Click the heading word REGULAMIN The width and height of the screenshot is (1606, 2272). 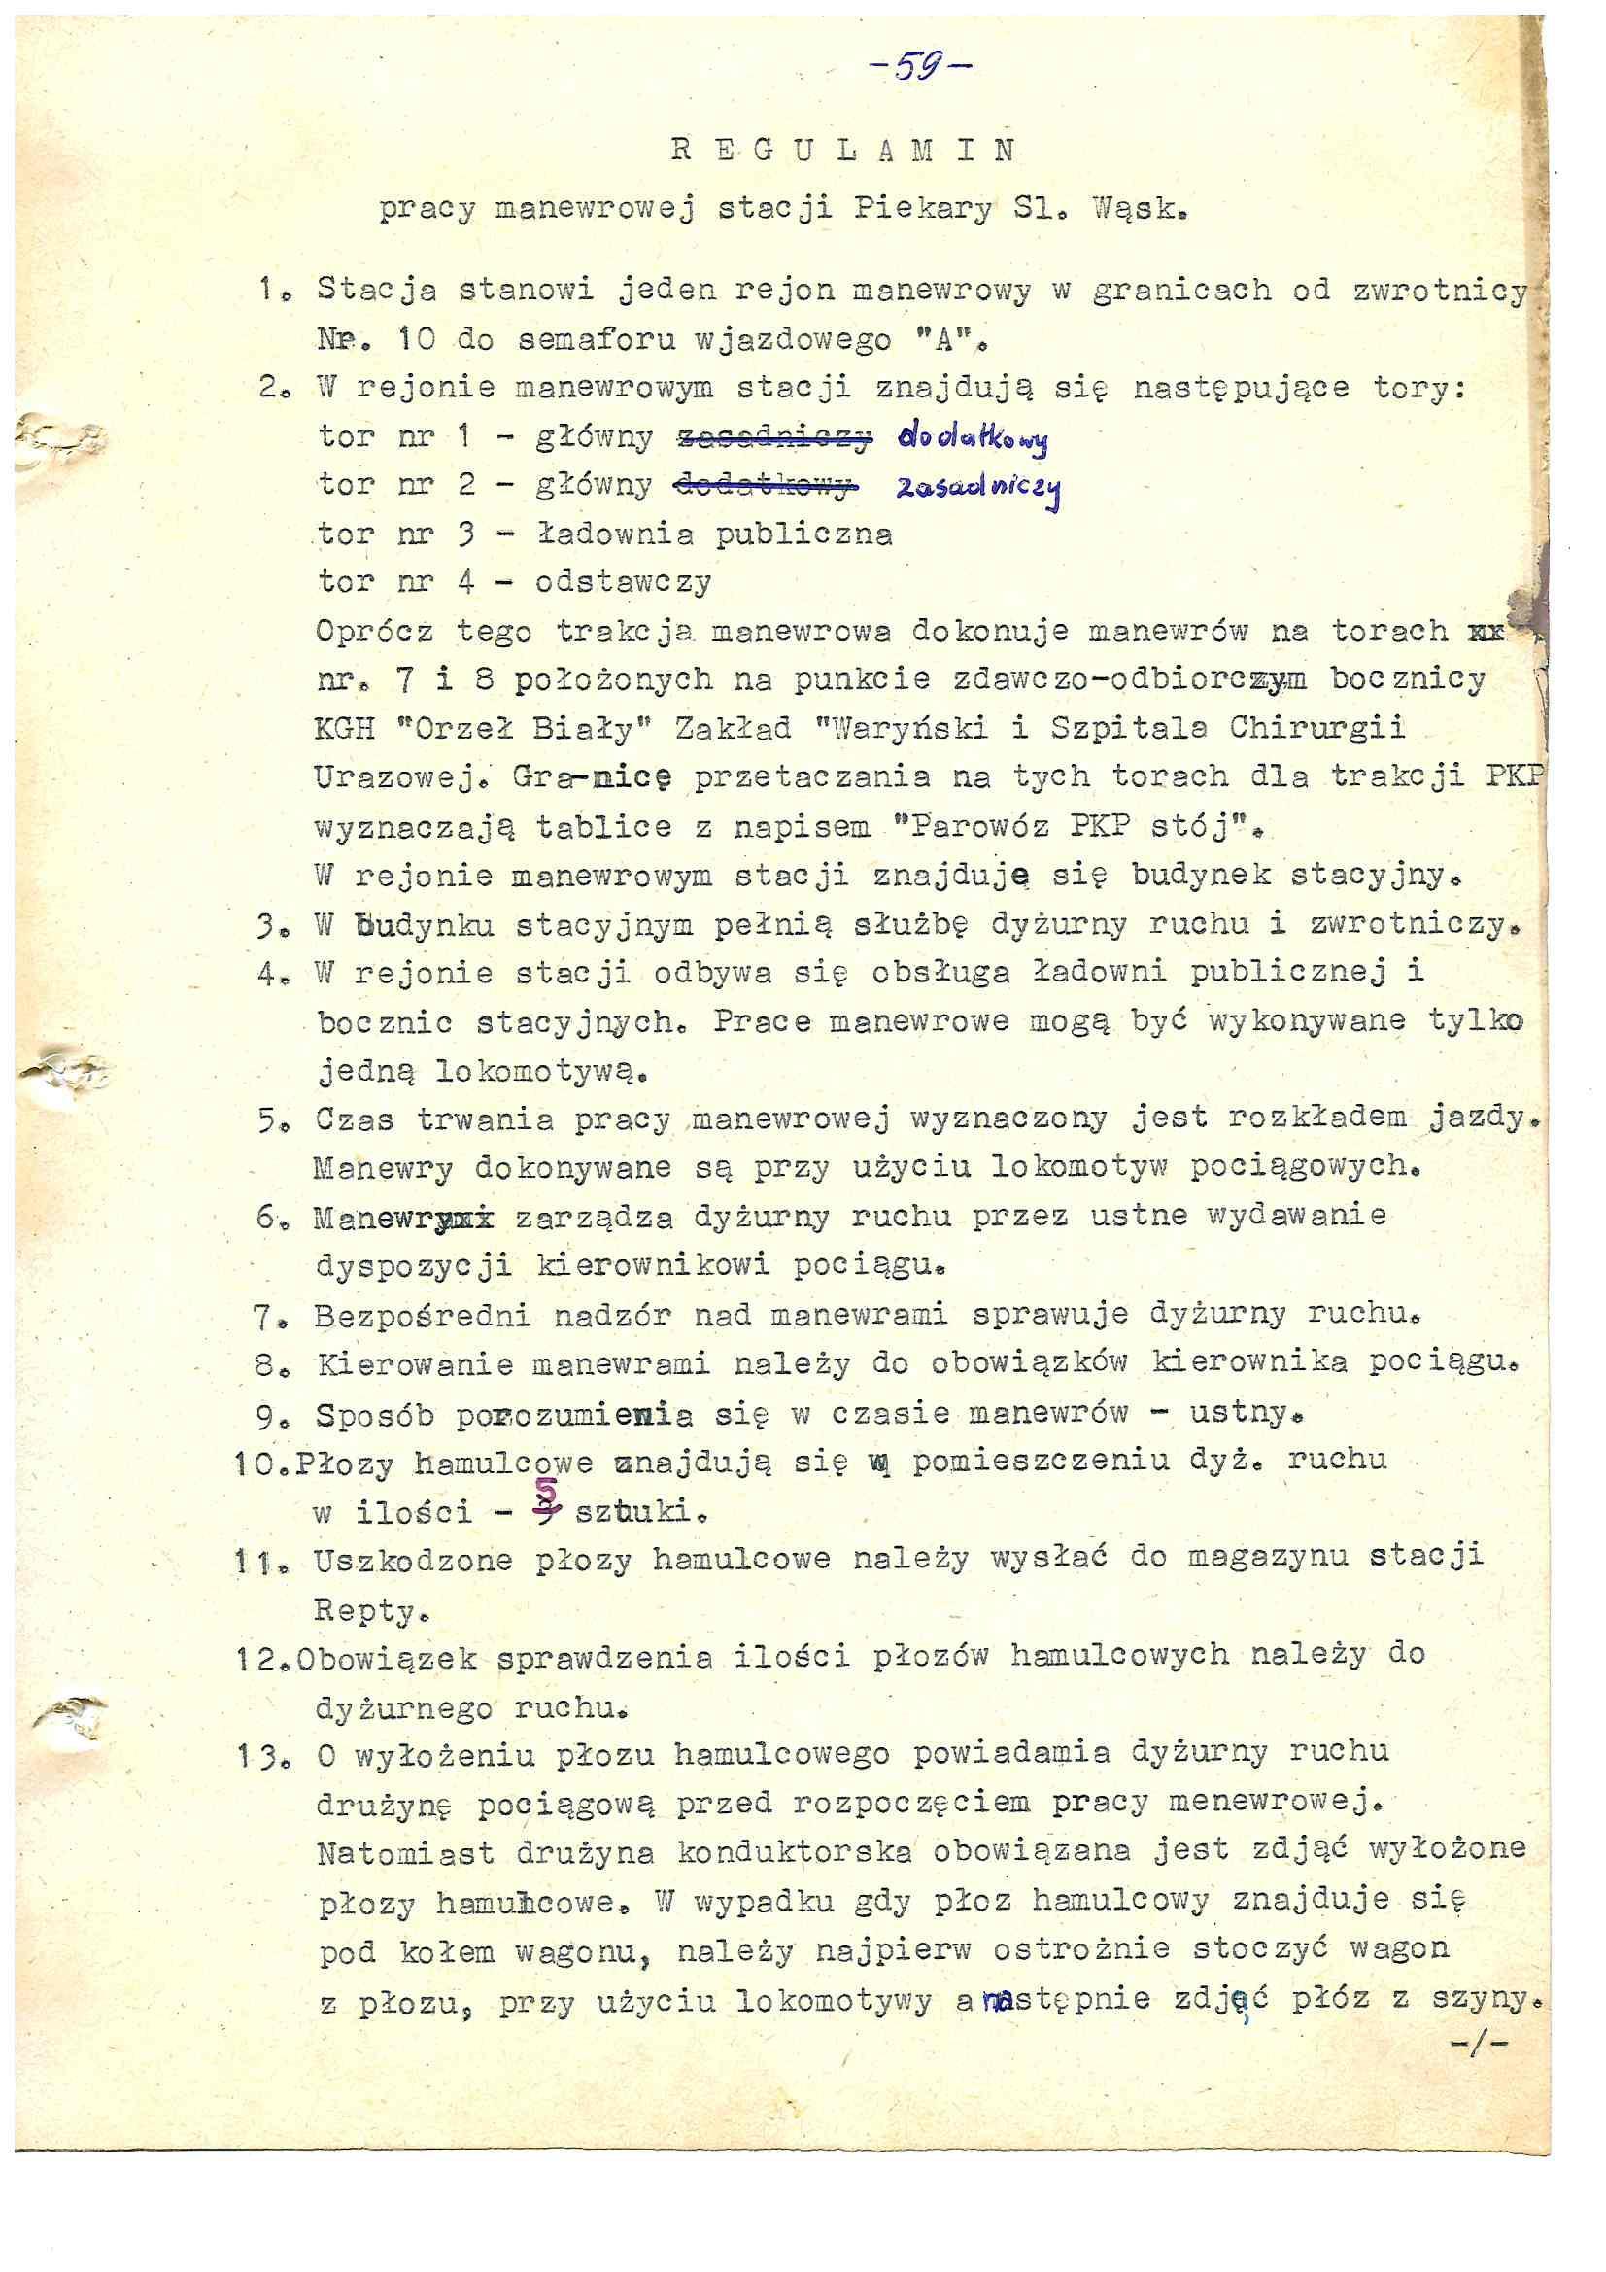pyautogui.click(x=842, y=152)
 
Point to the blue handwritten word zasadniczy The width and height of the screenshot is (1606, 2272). pyautogui.click(x=977, y=489)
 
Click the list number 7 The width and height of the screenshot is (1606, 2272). pyautogui.click(x=267, y=1316)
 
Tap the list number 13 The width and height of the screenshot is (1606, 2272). pyautogui.click(x=256, y=1754)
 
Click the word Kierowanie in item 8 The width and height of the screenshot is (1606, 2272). pyautogui.click(x=413, y=1364)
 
